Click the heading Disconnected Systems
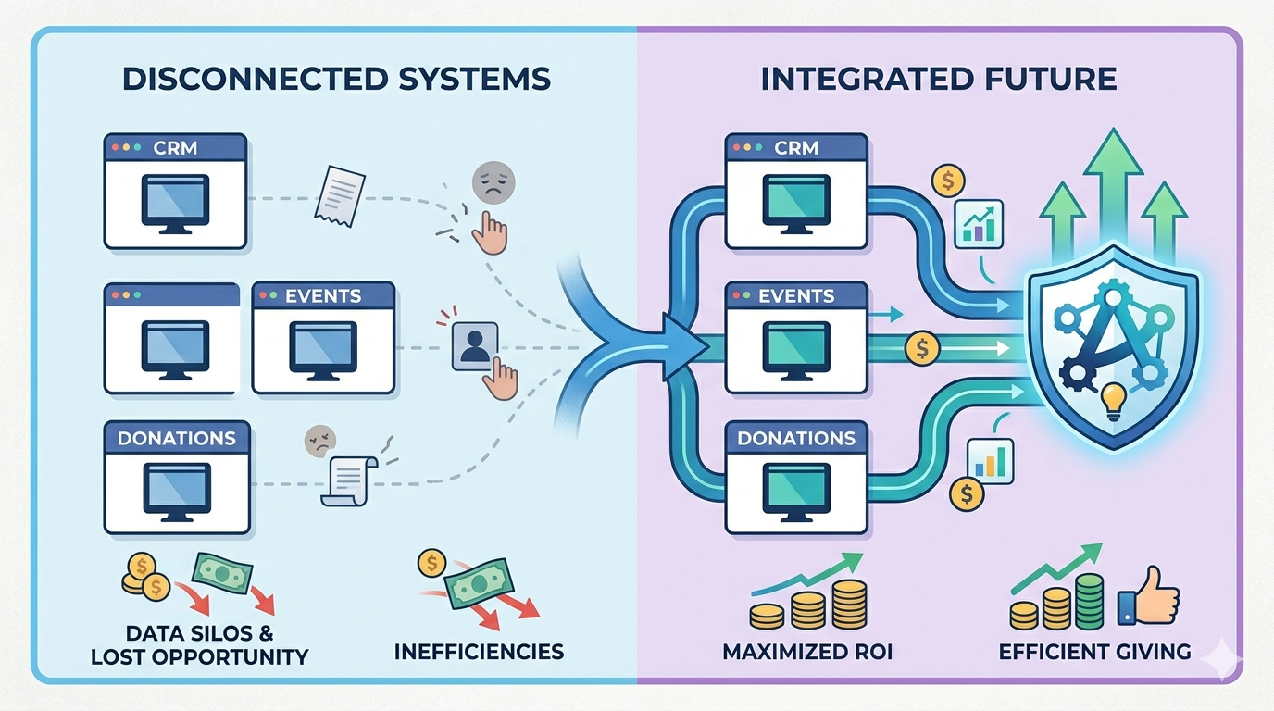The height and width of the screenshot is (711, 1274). click(336, 78)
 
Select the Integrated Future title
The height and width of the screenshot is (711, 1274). click(939, 78)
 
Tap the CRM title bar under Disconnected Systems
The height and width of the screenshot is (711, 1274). click(175, 147)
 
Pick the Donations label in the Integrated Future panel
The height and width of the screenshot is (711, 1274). click(795, 438)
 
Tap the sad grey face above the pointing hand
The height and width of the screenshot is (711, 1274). click(491, 183)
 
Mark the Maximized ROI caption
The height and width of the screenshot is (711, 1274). click(807, 651)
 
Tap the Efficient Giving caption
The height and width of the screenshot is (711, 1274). click(1094, 651)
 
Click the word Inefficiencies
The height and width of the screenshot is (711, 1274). click(479, 651)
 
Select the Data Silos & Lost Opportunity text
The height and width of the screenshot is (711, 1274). click(199, 644)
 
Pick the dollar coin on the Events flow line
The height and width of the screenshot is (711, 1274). click(921, 349)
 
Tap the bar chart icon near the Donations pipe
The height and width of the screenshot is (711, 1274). click(990, 460)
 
